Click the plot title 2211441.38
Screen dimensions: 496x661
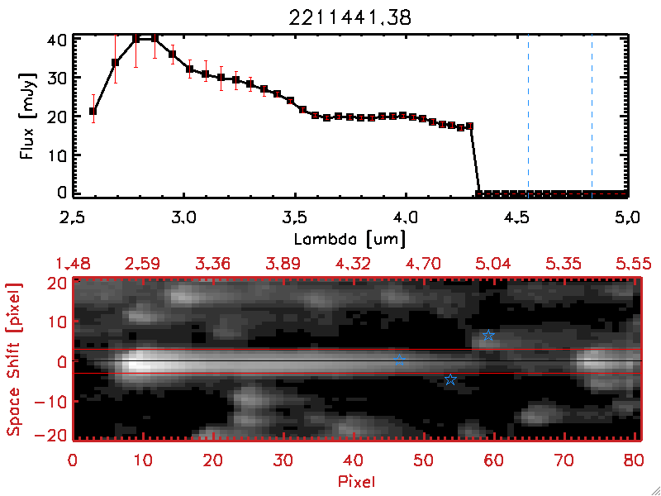click(x=351, y=16)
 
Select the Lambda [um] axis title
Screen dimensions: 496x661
click(x=350, y=237)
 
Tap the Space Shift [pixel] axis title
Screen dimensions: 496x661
click(x=14, y=360)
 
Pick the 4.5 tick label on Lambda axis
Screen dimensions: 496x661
click(x=518, y=220)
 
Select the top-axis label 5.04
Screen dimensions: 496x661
click(x=492, y=264)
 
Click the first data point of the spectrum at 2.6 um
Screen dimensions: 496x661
click(x=93, y=111)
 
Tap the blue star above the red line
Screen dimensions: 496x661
click(x=488, y=336)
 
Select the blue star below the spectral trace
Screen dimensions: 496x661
click(x=450, y=379)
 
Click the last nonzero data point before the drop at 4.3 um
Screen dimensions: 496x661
click(x=470, y=126)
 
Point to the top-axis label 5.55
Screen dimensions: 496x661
click(x=632, y=264)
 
